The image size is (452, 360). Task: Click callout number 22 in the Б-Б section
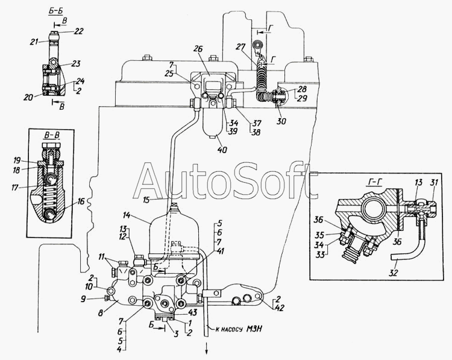click(78, 31)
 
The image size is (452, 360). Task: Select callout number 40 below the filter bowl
click(222, 150)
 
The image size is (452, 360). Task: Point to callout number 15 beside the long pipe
click(146, 200)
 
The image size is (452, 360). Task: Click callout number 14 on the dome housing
click(126, 215)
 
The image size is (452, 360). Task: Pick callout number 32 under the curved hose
click(393, 273)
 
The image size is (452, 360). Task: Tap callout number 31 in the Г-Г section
click(433, 182)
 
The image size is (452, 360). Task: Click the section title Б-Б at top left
click(55, 11)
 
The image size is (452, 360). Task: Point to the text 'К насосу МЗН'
click(239, 329)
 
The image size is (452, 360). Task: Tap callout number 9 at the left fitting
click(83, 299)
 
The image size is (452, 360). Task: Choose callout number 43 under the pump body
click(192, 312)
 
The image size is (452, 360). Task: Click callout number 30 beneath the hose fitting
click(281, 121)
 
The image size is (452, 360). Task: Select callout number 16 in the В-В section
click(81, 201)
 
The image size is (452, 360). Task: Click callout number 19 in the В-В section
click(17, 160)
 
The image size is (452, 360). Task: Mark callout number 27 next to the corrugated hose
click(241, 46)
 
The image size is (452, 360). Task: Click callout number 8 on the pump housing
click(100, 313)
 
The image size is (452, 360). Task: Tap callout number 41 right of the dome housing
click(220, 251)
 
